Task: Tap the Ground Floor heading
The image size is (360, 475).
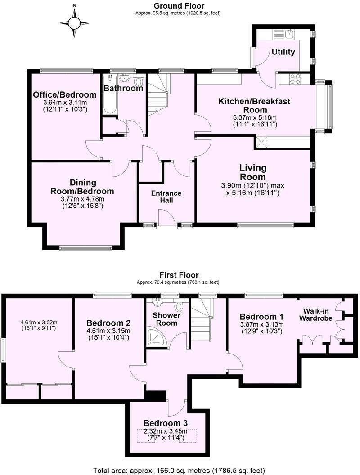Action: [179, 6]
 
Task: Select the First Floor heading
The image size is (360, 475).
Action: [179, 275]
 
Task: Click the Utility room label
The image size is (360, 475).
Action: [283, 52]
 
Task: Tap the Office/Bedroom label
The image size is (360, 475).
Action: [64, 95]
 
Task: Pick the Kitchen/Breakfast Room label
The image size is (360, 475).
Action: [248, 106]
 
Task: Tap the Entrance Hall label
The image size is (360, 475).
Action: [166, 197]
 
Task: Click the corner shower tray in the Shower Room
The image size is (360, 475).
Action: [155, 338]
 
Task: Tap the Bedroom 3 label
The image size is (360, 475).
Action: [165, 423]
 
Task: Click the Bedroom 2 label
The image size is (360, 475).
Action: [108, 323]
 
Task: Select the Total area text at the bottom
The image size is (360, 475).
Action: [179, 470]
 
